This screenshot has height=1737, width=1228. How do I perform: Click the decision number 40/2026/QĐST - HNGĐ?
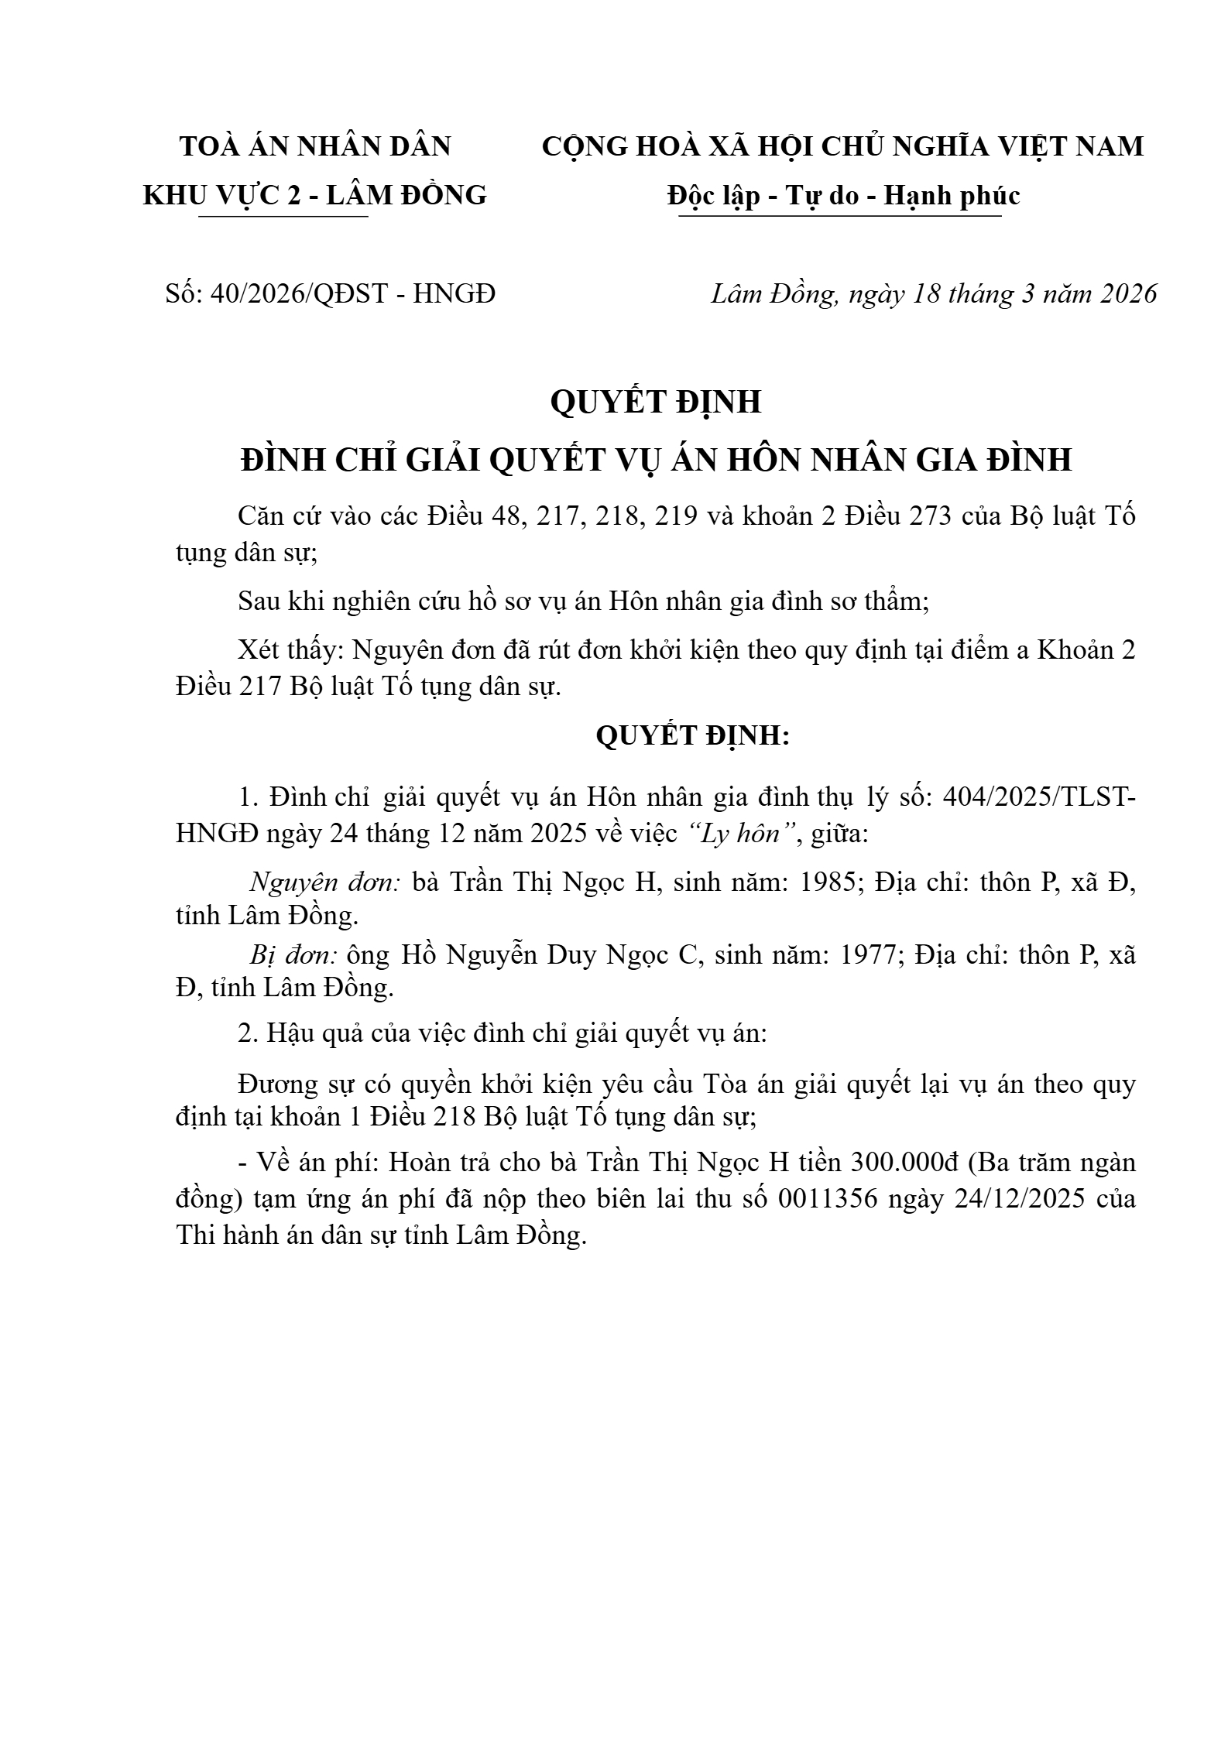point(352,294)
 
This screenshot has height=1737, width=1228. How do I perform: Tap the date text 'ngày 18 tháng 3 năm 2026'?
point(1003,294)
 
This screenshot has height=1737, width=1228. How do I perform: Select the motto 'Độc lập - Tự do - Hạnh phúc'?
point(843,196)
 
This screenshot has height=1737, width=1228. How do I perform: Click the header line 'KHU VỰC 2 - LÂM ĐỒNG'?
point(315,196)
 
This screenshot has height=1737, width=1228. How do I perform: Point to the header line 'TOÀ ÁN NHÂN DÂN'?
point(315,146)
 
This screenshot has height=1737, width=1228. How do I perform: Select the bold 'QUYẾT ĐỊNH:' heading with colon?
point(692,736)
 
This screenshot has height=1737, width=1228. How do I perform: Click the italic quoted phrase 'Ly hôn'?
point(739,834)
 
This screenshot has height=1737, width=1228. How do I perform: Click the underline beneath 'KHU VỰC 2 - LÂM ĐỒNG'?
point(283,217)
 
